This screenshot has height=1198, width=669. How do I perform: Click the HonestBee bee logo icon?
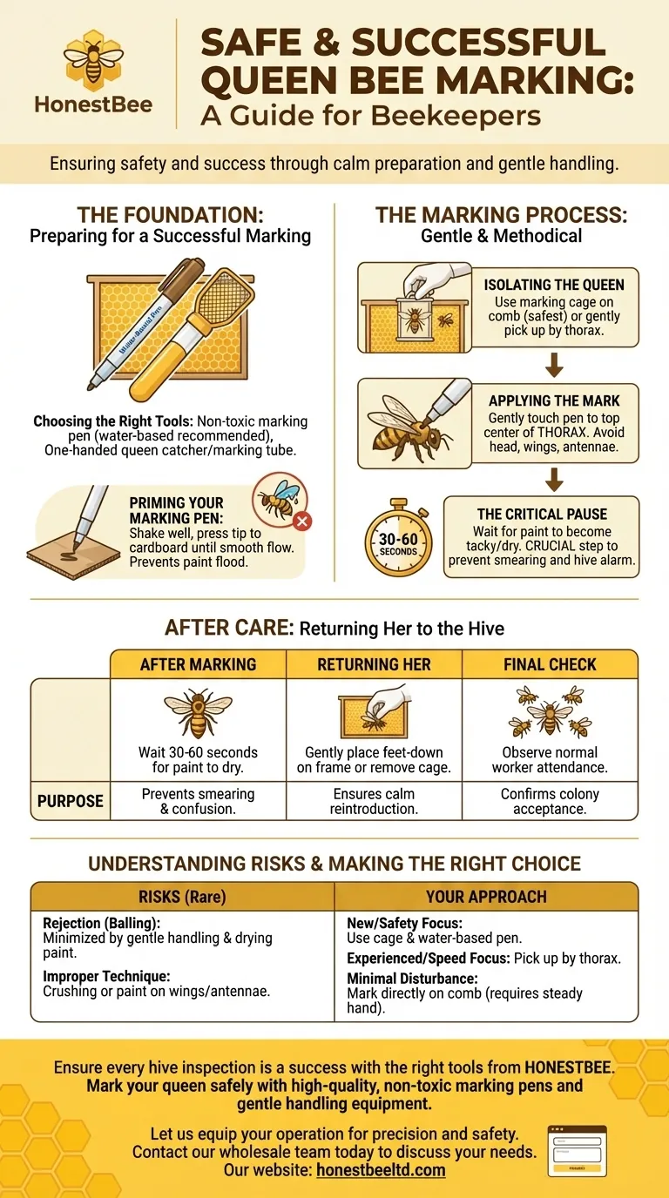point(93,58)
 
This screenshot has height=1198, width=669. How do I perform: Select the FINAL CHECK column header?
point(550,664)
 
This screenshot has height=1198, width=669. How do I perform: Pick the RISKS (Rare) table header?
point(183,897)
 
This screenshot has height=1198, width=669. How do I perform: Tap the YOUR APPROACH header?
point(486,897)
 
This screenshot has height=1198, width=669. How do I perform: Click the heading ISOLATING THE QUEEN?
point(553,285)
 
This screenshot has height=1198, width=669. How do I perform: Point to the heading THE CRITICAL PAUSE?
point(542,514)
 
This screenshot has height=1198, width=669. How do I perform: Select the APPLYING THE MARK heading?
point(553,400)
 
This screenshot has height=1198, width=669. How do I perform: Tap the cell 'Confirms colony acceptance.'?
point(550,801)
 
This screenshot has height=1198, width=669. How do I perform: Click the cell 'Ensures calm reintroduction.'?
point(374,801)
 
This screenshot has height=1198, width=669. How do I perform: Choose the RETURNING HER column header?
point(374,664)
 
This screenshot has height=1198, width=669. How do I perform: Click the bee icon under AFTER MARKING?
point(198,714)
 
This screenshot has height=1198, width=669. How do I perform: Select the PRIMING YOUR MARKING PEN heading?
point(176,510)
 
